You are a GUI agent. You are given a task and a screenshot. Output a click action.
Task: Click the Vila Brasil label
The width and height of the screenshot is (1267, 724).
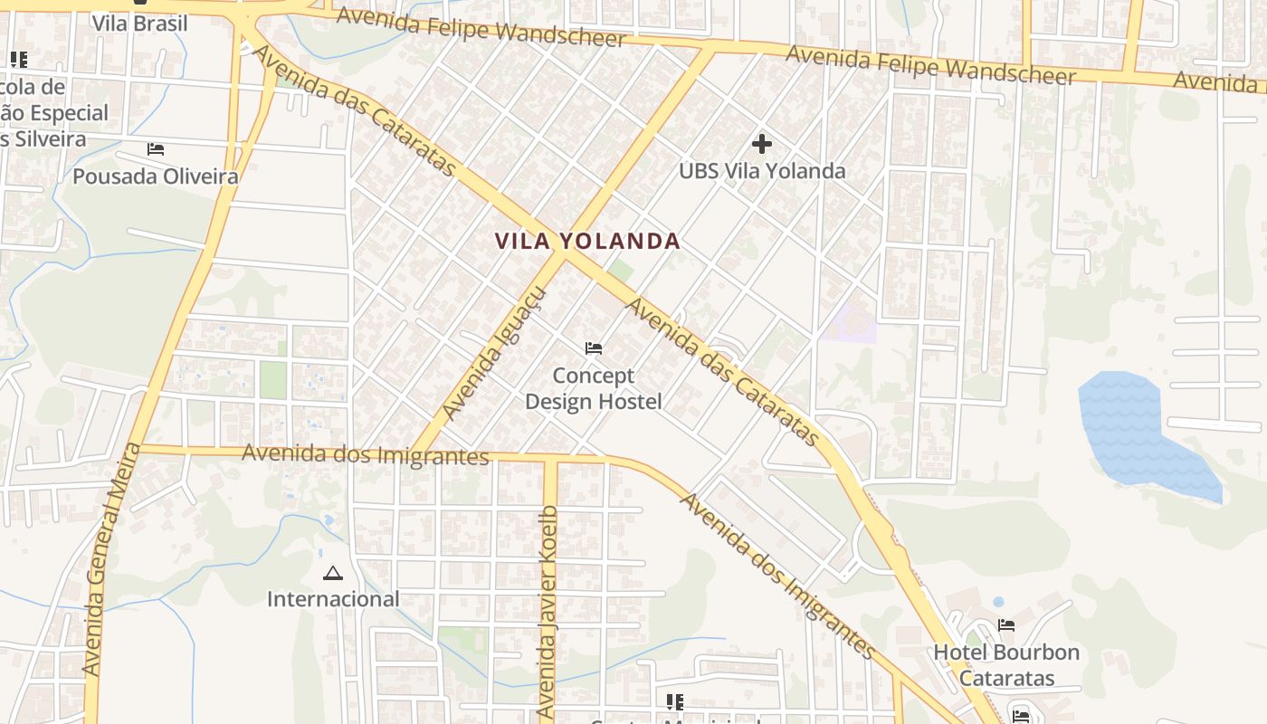[140, 24]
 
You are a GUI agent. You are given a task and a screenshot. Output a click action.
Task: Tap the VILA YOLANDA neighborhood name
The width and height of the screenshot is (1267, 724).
[587, 242]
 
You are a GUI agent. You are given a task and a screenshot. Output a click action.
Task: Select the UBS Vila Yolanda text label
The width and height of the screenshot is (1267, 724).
[762, 171]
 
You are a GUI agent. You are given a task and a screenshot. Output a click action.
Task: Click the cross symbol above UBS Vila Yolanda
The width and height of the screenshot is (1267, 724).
[762, 143]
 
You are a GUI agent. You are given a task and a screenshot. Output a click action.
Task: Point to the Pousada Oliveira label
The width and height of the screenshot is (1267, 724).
[156, 176]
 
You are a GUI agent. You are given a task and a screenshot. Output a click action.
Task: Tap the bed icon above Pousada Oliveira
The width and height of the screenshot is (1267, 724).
[156, 148]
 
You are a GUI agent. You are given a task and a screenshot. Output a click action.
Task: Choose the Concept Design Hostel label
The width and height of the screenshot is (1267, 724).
[594, 388]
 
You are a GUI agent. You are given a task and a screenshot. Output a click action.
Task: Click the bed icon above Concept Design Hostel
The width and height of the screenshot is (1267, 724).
[594, 348]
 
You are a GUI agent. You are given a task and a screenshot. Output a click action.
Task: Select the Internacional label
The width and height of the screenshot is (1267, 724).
[333, 599]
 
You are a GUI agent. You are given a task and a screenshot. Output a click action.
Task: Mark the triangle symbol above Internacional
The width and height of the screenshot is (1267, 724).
[333, 573]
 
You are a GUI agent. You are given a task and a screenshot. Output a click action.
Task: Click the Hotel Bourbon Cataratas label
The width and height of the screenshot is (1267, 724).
[1006, 665]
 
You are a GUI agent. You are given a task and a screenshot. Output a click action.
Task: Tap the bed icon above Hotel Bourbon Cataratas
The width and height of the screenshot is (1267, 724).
[1005, 624]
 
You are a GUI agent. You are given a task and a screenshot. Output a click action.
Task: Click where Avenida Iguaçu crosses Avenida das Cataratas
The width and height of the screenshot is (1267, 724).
[565, 255]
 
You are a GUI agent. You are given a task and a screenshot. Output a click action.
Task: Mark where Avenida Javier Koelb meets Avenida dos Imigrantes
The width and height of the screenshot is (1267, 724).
[550, 458]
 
